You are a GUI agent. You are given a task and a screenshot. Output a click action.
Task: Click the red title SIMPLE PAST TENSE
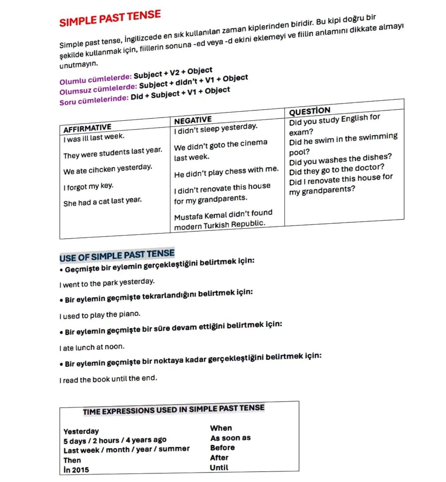tap(110, 19)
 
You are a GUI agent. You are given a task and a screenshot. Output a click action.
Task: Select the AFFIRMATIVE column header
tap(87, 128)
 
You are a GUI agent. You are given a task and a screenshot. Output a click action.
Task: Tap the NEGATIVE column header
tap(193, 120)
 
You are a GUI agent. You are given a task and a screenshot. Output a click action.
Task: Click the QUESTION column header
tap(310, 111)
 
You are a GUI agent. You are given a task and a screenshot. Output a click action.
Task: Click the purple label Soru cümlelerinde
tap(94, 100)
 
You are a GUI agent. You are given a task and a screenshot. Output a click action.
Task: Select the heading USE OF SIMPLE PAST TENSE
tap(117, 256)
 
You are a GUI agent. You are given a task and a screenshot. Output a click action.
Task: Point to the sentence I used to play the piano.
tap(100, 315)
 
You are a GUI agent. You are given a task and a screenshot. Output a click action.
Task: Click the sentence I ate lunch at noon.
tap(92, 347)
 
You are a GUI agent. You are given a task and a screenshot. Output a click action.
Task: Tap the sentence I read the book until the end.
tap(108, 379)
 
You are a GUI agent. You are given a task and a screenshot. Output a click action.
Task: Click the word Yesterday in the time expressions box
tap(81, 431)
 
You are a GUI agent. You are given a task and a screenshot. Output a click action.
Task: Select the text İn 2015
tap(76, 470)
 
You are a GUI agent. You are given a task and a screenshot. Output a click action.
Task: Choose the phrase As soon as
tap(230, 438)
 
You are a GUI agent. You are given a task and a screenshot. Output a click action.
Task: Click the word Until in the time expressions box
tap(219, 468)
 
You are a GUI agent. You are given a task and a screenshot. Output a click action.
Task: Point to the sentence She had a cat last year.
tap(102, 202)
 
